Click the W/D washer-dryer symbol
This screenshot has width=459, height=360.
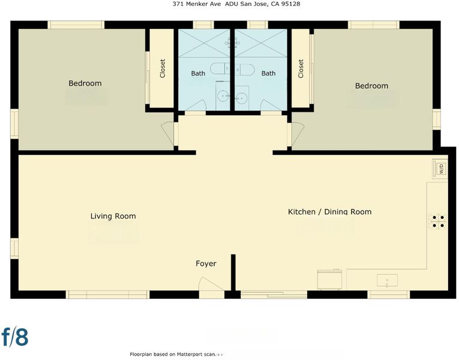point(440,169)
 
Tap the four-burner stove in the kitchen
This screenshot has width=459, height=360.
point(438,221)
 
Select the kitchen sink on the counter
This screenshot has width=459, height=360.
point(387,280)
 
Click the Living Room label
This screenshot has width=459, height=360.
point(113,216)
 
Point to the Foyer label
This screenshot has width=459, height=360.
point(206,264)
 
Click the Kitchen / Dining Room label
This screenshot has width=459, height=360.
point(329,212)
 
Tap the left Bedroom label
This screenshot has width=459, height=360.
point(85,83)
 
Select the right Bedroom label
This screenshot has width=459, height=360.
point(371,86)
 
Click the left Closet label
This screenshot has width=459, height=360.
point(163,68)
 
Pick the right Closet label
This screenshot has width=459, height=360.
point(301,69)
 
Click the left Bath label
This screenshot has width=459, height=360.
point(198,73)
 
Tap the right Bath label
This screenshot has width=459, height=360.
point(268,73)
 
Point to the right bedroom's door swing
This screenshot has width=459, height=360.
point(298,133)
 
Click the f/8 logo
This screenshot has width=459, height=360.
point(15,337)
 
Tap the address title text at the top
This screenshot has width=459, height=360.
point(236,4)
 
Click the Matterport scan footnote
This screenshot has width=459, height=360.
point(173,354)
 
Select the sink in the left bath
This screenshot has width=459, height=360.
point(223,95)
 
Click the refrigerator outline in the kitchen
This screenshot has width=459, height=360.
point(329,280)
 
